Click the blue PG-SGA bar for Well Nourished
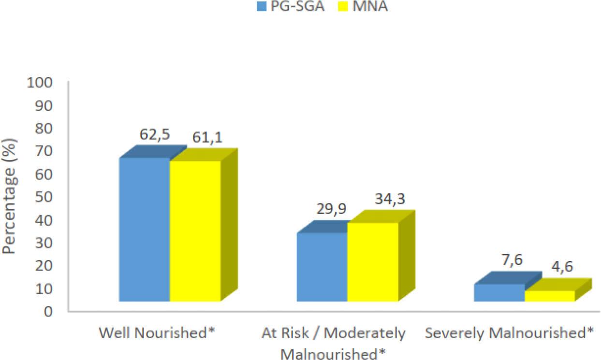click(x=144, y=230)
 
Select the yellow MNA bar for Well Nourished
click(x=195, y=231)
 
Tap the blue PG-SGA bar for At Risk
click(x=322, y=267)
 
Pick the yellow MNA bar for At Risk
click(x=372, y=262)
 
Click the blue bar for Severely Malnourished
click(x=499, y=292)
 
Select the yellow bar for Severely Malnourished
click(x=550, y=296)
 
